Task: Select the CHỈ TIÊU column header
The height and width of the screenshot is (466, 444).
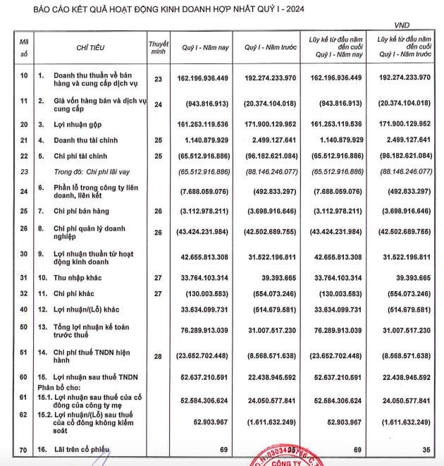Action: click(91, 47)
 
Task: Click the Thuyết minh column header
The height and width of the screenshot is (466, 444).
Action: click(158, 47)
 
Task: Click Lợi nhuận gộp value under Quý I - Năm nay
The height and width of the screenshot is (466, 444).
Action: click(206, 124)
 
